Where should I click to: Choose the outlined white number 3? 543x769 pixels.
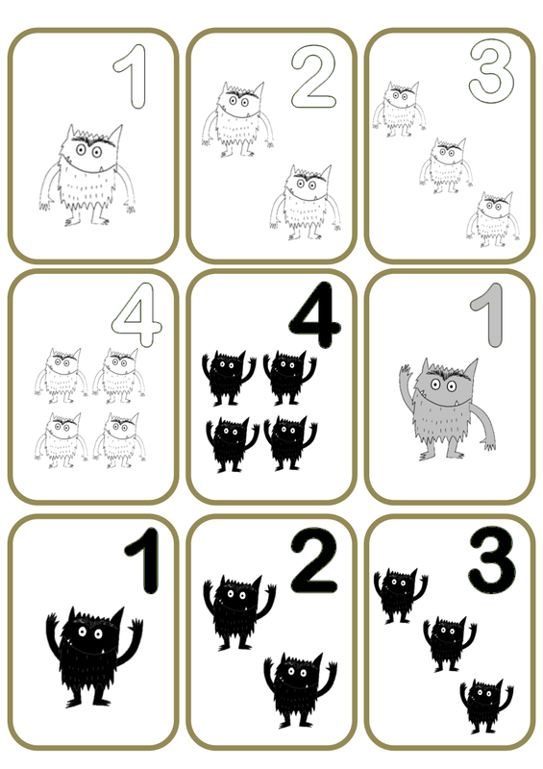point(491,70)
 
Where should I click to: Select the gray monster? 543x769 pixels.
point(446,410)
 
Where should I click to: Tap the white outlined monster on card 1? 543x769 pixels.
point(87,175)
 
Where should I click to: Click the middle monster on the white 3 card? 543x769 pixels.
point(446,165)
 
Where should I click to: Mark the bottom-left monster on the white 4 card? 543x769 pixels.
point(62,440)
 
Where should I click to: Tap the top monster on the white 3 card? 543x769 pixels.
point(399,109)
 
